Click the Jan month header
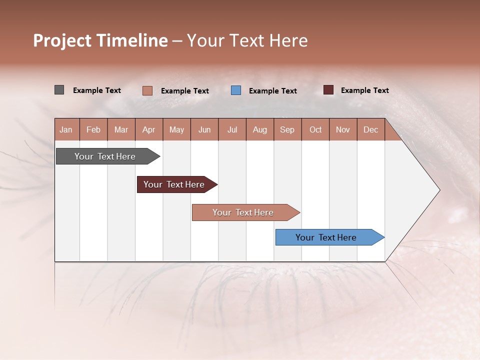[x=66, y=129]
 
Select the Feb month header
[x=93, y=129]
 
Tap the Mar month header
[x=121, y=129]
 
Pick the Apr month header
[x=149, y=129]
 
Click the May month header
[x=176, y=129]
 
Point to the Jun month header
[x=204, y=129]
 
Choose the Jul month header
[x=232, y=129]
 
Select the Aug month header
[x=260, y=129]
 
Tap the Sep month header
[x=287, y=129]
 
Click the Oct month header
[x=315, y=129]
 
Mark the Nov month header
[x=343, y=129]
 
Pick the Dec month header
[x=371, y=129]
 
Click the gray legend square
[x=59, y=90]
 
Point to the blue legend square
[x=236, y=90]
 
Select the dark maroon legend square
[x=328, y=90]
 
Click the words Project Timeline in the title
[x=100, y=40]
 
